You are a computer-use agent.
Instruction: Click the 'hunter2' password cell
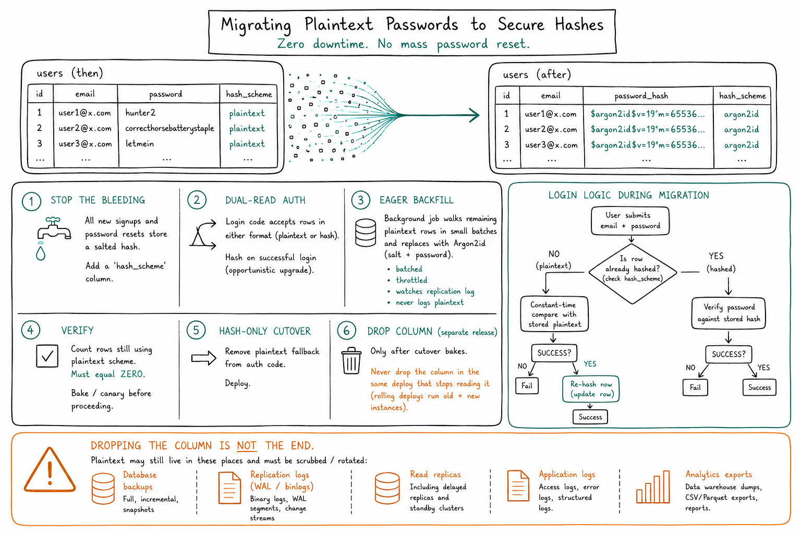(x=140, y=113)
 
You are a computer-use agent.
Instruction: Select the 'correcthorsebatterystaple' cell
(x=169, y=128)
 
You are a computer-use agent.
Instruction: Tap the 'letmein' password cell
(x=139, y=143)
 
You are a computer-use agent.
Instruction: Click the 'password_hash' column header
(x=641, y=96)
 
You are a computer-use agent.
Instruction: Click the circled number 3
(x=361, y=200)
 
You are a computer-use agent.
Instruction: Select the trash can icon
(x=351, y=360)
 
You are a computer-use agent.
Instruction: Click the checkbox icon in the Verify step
(x=47, y=356)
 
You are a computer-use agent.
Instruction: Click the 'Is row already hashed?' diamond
(x=633, y=273)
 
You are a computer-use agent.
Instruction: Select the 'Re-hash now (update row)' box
(x=591, y=389)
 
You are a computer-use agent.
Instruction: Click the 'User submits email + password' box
(x=630, y=221)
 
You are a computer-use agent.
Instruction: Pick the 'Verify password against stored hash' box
(x=729, y=313)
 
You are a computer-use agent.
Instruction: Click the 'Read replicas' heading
(x=435, y=474)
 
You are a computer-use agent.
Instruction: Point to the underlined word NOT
(x=246, y=446)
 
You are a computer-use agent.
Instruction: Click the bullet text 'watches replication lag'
(x=435, y=292)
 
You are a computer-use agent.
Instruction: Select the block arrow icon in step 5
(x=204, y=358)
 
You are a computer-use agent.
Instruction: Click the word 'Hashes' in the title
(x=579, y=25)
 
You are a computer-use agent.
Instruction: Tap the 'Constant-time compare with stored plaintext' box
(x=554, y=314)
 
